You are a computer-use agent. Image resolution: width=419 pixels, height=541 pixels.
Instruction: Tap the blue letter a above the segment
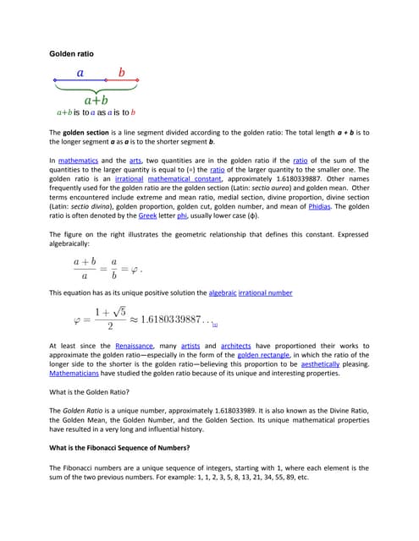click(x=80, y=73)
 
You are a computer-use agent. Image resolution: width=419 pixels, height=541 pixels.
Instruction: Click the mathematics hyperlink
click(x=83, y=160)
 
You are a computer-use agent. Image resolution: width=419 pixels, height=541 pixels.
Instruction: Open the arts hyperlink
click(x=135, y=160)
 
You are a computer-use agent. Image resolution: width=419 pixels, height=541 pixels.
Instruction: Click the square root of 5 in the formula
click(x=119, y=312)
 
